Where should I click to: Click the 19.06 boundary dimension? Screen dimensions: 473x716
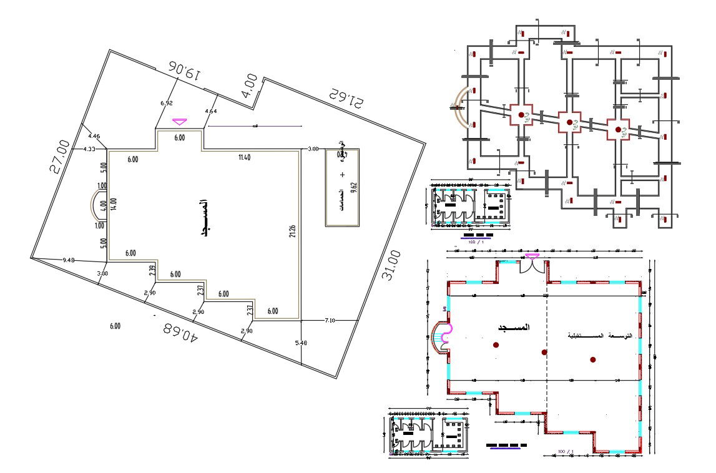point(184,71)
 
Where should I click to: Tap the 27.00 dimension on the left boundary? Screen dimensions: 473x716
point(61,156)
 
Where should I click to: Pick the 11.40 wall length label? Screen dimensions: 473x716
point(245,157)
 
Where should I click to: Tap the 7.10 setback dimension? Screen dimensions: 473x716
point(330,320)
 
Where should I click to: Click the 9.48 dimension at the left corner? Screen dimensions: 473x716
point(69,260)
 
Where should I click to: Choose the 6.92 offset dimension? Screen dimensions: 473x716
point(165,102)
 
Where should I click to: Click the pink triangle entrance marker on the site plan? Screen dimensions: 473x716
point(180,121)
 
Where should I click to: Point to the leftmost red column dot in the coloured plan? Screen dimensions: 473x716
point(496,344)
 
